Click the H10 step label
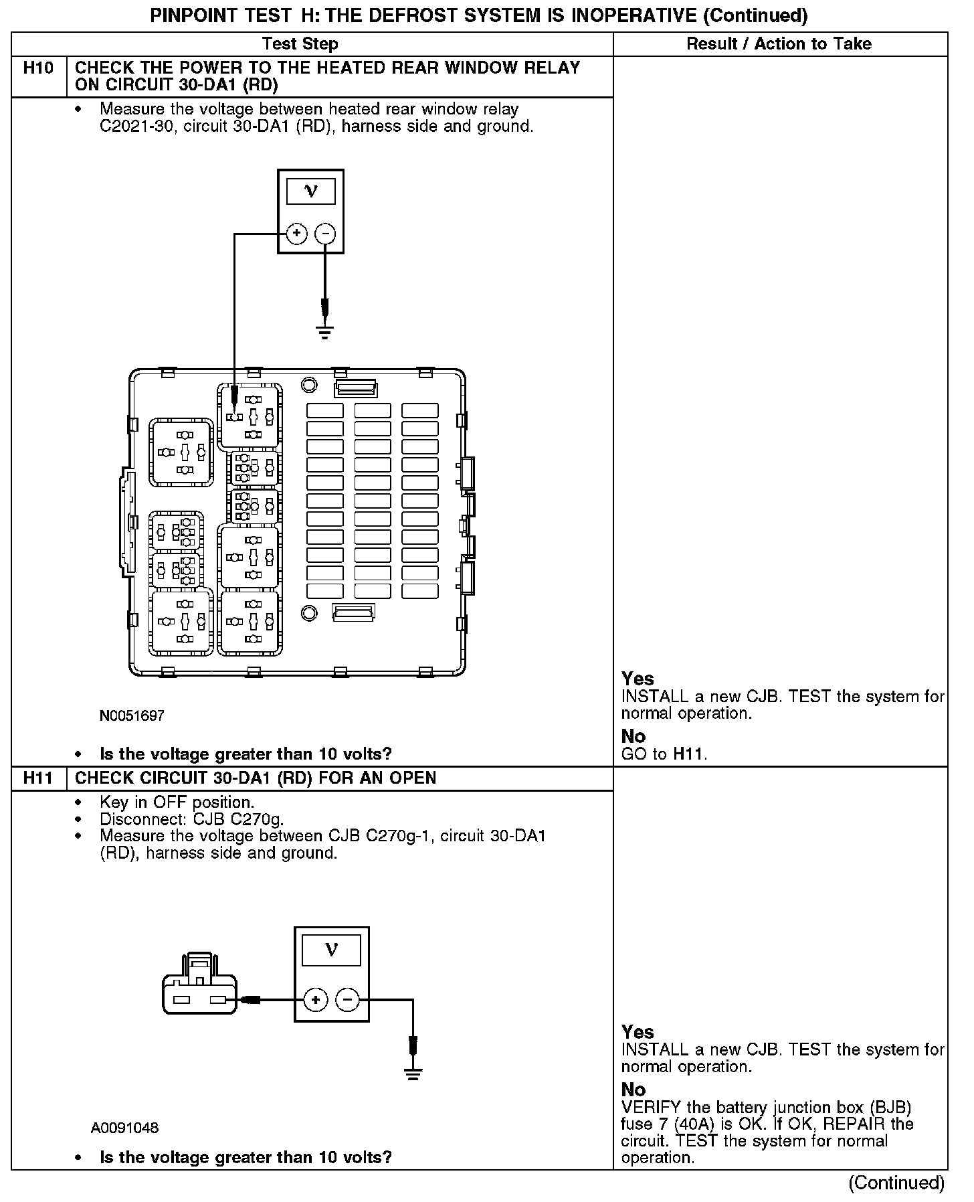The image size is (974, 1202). (39, 68)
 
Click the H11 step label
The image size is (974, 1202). (39, 778)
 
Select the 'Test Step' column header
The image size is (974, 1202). (300, 44)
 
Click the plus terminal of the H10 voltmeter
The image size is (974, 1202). (296, 234)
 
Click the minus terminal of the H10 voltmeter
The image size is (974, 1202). (325, 234)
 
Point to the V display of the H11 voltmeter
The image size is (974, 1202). (331, 950)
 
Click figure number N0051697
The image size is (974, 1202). (132, 715)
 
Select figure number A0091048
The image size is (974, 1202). (125, 1128)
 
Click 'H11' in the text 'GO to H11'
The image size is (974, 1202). (689, 754)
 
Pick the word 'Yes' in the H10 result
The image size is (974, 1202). (638, 679)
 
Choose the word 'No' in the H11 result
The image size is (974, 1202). (633, 1090)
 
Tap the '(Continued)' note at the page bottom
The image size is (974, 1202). (896, 1183)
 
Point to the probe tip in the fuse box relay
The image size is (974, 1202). (234, 413)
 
